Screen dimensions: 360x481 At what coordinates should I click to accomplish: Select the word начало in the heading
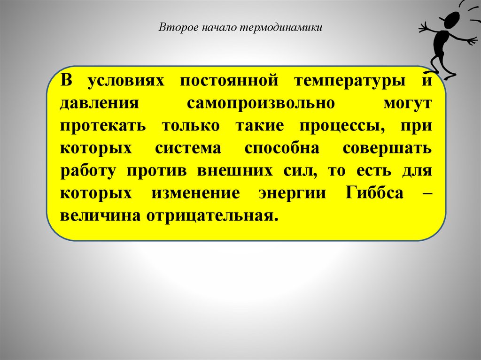click(x=219, y=28)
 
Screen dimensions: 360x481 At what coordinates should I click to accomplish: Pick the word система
click(x=188, y=149)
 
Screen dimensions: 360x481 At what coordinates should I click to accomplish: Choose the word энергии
click(x=291, y=194)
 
